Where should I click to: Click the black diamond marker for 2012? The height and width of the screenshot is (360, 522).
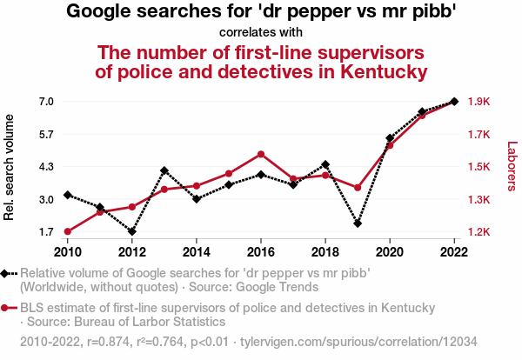tap(132, 231)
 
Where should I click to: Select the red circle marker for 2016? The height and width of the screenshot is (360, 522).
tap(261, 154)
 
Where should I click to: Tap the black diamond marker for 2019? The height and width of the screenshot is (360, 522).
tap(358, 223)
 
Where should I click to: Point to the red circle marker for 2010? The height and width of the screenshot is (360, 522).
tap(68, 231)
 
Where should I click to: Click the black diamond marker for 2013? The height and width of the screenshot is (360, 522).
tap(164, 170)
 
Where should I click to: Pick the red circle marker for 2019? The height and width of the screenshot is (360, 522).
tap(358, 187)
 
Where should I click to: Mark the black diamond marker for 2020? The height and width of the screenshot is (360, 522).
tap(390, 138)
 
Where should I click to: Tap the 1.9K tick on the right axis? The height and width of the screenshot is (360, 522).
tap(479, 102)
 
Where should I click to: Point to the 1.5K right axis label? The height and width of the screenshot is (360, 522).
tap(479, 167)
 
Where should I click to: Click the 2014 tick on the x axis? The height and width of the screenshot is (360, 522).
tap(197, 251)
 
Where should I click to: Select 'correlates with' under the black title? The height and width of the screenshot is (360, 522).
tap(261, 33)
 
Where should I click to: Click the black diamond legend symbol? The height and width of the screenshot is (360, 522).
tap(9, 272)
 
